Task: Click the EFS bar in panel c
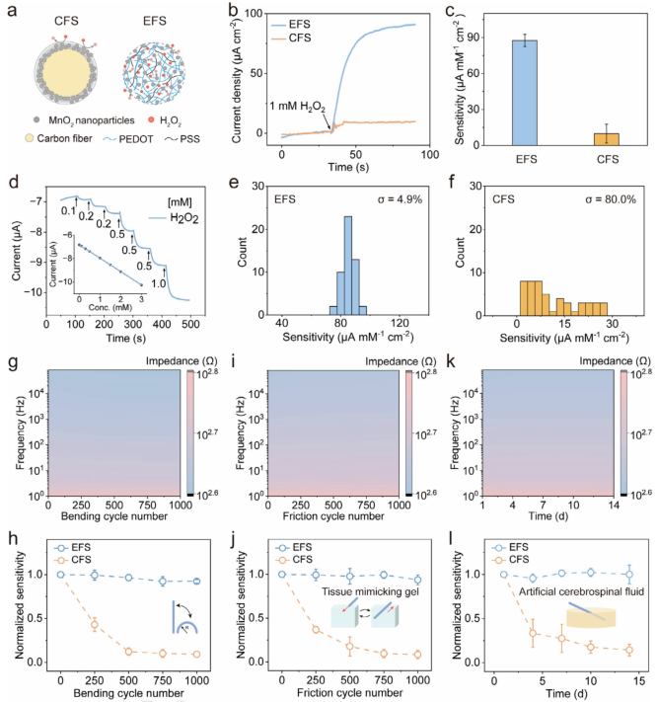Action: coord(525,93)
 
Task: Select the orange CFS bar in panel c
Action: coord(607,139)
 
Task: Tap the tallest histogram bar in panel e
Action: coord(348,266)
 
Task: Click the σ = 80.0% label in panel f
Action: coord(611,199)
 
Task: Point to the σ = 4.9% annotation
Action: coord(400,199)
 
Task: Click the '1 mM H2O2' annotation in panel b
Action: coord(298,107)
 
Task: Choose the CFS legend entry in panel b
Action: coord(291,39)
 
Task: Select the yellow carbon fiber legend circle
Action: coord(29,138)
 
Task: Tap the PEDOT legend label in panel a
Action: coord(136,139)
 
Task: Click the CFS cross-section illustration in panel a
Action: coord(66,72)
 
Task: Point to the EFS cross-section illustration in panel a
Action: coord(154,73)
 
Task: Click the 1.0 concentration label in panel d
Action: coord(159,283)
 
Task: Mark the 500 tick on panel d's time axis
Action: coord(190,324)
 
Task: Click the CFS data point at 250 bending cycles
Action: coord(95,625)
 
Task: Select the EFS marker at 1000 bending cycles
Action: coord(196,582)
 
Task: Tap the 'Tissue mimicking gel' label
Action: coord(370,591)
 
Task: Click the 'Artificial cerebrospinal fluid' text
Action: coord(581,591)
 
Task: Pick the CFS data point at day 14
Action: coord(629,650)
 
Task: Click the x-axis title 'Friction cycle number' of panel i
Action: coord(333,516)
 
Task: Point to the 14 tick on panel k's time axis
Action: coord(614,506)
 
